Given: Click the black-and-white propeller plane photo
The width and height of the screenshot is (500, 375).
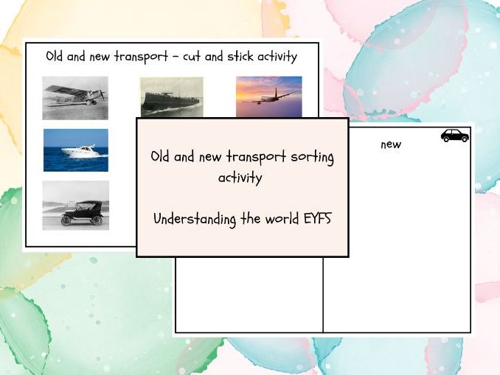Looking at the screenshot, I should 74,97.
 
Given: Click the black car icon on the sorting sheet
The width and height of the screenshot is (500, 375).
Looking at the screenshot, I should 454,136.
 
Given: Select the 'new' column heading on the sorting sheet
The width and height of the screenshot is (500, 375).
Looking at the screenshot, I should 391,144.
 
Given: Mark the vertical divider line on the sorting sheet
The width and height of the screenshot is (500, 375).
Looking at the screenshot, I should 323,295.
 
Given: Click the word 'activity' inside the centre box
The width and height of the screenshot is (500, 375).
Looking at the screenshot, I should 242,178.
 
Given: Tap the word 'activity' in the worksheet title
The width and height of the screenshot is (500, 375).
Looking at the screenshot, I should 275,57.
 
